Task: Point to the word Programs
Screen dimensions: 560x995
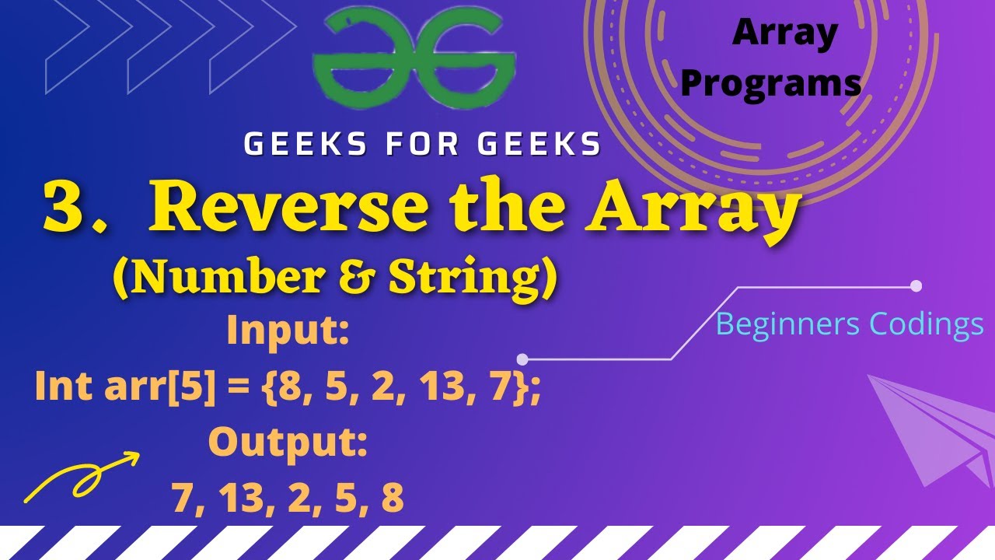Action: (770, 83)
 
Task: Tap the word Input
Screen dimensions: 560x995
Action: (288, 332)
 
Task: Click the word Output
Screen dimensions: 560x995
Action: (287, 443)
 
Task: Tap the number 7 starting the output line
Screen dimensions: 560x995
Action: (182, 498)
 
